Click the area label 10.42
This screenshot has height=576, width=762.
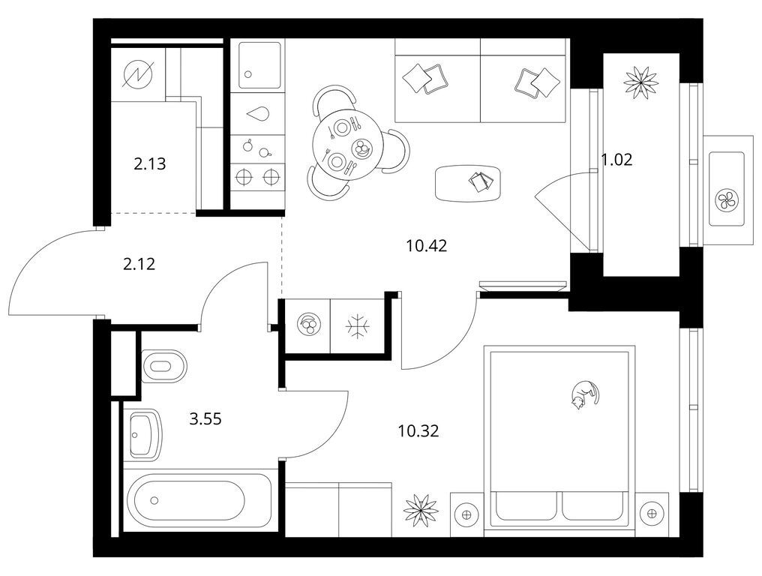pyautogui.click(x=426, y=246)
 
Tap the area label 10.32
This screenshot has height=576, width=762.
pyautogui.click(x=418, y=430)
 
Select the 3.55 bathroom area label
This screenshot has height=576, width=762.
pyautogui.click(x=205, y=418)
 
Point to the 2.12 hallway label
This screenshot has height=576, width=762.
pyautogui.click(x=139, y=264)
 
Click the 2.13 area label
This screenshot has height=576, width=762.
pyautogui.click(x=150, y=163)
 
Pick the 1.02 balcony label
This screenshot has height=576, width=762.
pyautogui.click(x=616, y=160)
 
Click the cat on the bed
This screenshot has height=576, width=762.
pyautogui.click(x=584, y=395)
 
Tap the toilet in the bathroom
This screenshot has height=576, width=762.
pyautogui.click(x=164, y=366)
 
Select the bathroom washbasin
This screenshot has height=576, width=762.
pyautogui.click(x=144, y=435)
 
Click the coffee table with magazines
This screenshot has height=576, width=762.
pyautogui.click(x=468, y=183)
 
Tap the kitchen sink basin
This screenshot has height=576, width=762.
pyautogui.click(x=260, y=65)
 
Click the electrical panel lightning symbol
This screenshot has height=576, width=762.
pyautogui.click(x=137, y=74)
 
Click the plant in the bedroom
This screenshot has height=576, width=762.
pyautogui.click(x=421, y=510)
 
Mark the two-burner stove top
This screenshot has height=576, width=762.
pyautogui.click(x=257, y=177)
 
